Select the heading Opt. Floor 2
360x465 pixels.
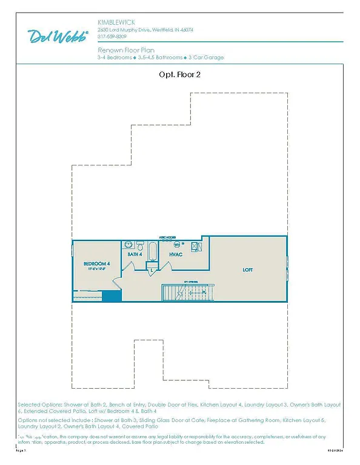click(179, 76)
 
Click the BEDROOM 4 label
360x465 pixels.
click(97, 264)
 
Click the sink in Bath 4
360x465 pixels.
click(128, 245)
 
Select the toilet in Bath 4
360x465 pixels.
click(141, 246)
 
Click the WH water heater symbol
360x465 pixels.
click(177, 245)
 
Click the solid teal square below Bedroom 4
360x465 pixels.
click(110, 295)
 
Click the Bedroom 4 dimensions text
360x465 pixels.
click(97, 270)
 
